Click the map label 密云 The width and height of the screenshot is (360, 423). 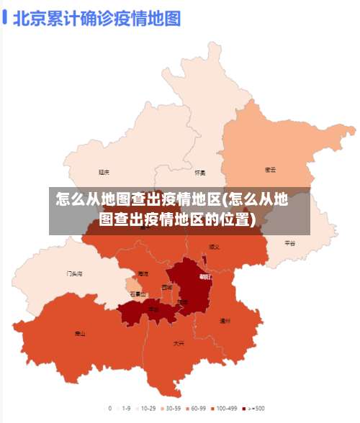pos(270,170)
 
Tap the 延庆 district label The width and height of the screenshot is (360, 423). pos(104,172)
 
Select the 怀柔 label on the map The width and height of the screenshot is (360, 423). pos(200,173)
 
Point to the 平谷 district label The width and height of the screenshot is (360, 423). pos(289,243)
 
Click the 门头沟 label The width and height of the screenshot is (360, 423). pos(74,274)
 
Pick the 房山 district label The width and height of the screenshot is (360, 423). pos(80,334)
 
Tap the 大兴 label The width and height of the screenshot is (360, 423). pos(179,344)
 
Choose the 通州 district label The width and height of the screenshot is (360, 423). pos(225,321)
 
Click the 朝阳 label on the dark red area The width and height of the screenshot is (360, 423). pos(205,276)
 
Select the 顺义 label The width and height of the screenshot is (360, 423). pos(214,246)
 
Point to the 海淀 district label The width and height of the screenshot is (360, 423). pos(143,274)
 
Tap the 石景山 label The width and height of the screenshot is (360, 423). pos(138,294)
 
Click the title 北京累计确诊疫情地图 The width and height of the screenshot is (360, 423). pos(96,17)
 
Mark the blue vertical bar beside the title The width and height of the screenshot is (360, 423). pos(6,17)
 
